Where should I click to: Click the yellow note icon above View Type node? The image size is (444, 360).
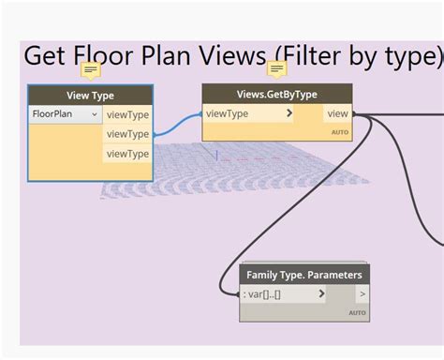[91, 70]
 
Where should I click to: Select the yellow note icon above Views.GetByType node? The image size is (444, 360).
[277, 69]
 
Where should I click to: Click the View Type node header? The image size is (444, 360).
[90, 95]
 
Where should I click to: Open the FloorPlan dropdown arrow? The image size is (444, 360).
[94, 114]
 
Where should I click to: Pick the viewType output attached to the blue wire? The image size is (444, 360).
[127, 134]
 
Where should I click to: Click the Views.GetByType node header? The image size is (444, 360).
[277, 94]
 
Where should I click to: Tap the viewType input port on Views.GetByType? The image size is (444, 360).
[228, 113]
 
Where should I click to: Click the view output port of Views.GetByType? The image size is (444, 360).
[338, 113]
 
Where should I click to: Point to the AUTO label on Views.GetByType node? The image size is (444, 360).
[340, 132]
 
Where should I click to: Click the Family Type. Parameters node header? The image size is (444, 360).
[303, 275]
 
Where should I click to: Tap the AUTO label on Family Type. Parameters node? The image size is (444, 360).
[357, 312]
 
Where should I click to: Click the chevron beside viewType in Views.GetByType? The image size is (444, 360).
[289, 113]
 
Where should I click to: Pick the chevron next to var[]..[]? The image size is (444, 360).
[321, 294]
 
